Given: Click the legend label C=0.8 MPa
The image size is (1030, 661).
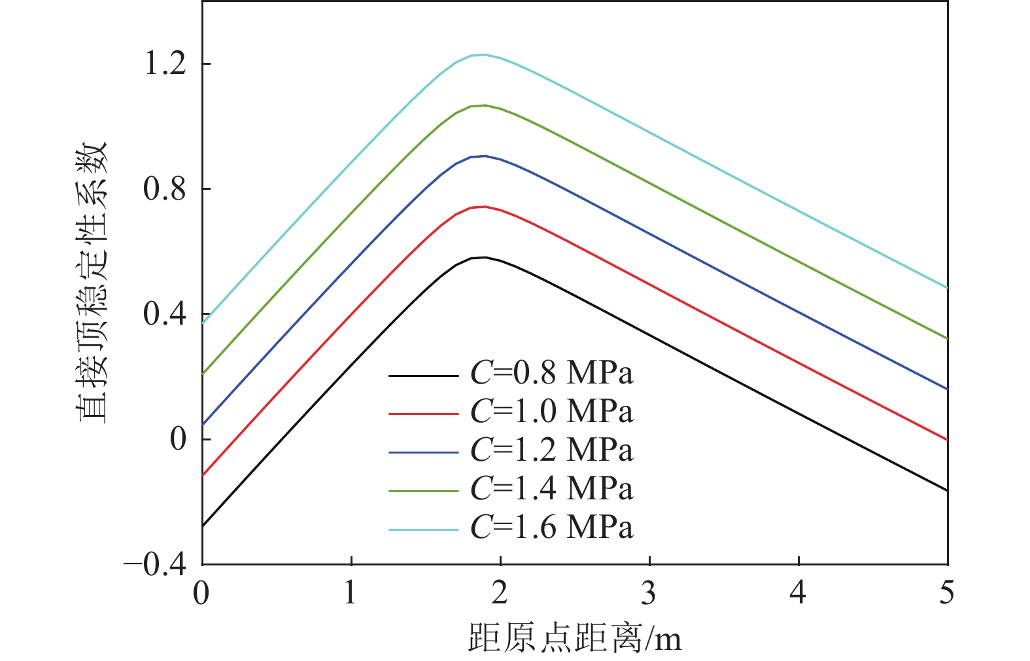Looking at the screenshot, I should point(551,374).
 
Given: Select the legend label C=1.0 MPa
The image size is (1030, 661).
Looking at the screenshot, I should point(551,412).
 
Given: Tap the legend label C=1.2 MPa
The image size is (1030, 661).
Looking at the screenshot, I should point(551,451).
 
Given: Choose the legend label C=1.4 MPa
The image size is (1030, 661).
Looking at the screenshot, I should point(551,489).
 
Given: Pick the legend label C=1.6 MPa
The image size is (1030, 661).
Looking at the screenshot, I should point(551,527).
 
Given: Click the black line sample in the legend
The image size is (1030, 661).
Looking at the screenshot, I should point(423,376).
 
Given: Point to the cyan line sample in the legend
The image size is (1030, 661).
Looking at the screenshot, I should point(423,529).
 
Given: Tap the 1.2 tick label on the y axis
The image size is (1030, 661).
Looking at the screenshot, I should point(165,64).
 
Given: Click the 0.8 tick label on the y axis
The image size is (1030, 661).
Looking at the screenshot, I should point(165,189).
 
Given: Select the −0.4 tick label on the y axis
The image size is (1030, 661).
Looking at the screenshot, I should point(155,565).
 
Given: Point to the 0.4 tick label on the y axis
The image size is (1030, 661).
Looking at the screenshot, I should point(165,315).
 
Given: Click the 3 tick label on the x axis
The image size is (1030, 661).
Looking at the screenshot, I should point(649,593).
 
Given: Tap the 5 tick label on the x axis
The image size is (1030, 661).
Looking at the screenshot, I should point(946,593).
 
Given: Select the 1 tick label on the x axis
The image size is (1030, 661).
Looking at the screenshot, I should point(351,593).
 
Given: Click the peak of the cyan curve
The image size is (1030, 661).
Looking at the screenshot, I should point(485,55).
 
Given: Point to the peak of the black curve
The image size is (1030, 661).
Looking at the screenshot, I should point(485,257).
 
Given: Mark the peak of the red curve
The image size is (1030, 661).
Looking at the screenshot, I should point(485,207).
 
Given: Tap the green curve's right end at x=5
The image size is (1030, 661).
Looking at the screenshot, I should point(946,338).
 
